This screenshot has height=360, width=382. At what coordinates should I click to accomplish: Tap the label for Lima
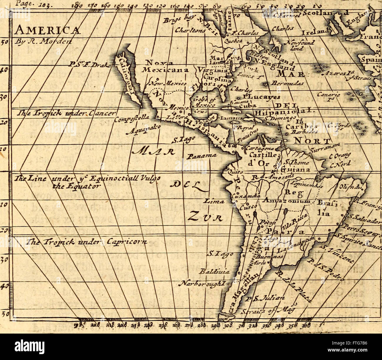click(x=216, y=202)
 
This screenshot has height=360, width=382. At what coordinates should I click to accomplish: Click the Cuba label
click(x=250, y=106)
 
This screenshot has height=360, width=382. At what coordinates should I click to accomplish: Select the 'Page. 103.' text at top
click(x=26, y=4)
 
